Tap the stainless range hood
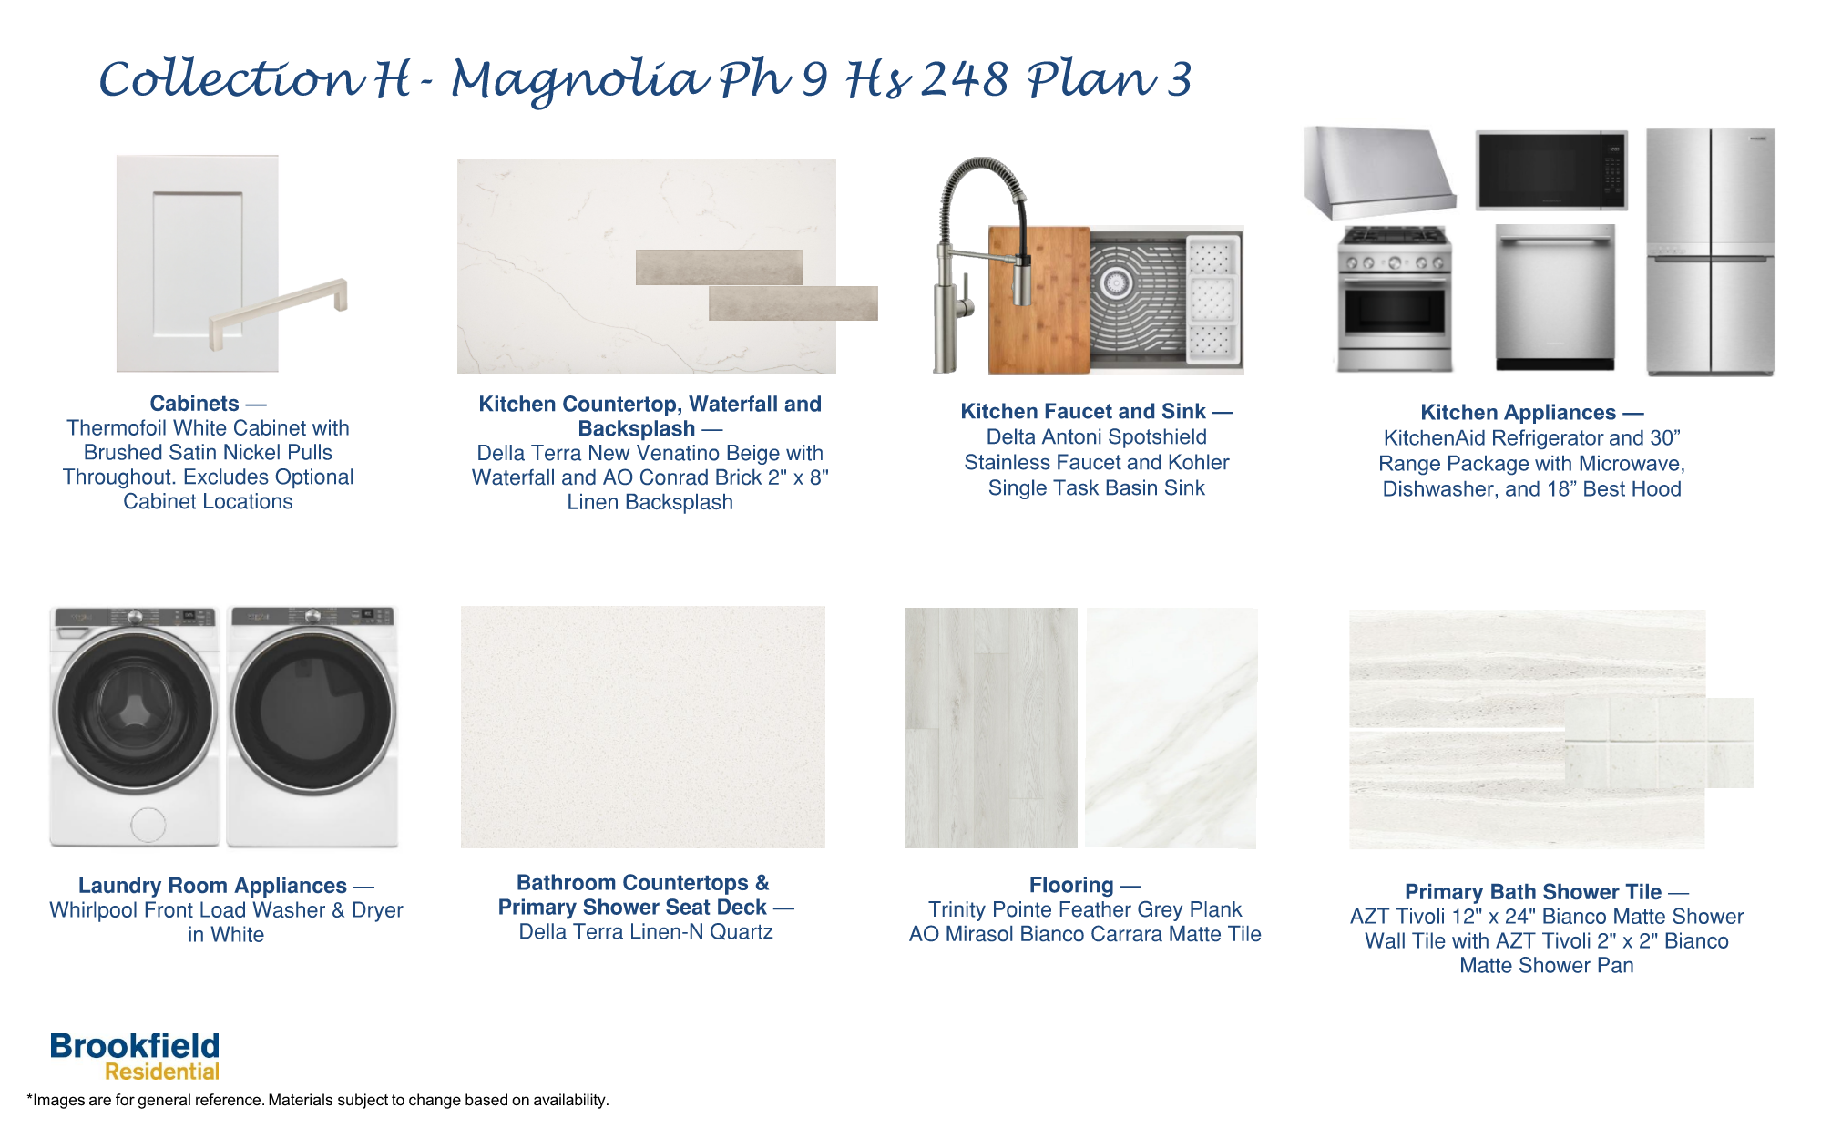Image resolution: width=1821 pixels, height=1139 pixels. coord(1376,173)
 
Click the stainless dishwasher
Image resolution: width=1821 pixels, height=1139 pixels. coord(1555,296)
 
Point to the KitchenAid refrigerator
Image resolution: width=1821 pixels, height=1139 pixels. coord(1710,251)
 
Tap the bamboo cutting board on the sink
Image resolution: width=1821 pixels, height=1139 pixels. coord(1038,301)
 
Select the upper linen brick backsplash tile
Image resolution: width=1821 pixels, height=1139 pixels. coord(719,267)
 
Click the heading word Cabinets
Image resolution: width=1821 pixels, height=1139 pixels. coord(194,404)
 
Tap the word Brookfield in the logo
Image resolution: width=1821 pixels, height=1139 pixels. coord(135,1046)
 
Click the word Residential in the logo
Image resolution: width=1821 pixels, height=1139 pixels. coord(162,1072)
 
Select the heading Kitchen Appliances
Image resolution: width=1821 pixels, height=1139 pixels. coord(1518,413)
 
